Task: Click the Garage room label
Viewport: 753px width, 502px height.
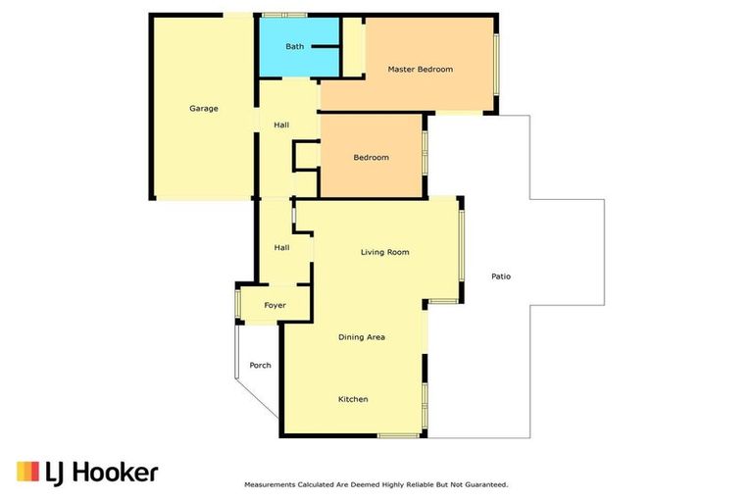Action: pyautogui.click(x=203, y=109)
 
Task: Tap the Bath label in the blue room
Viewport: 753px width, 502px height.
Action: pyautogui.click(x=294, y=46)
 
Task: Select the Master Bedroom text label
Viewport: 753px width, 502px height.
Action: pyautogui.click(x=420, y=70)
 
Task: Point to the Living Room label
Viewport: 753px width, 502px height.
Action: pyautogui.click(x=384, y=252)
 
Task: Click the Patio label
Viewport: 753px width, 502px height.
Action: pyautogui.click(x=500, y=276)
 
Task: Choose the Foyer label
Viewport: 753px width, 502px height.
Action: pyautogui.click(x=275, y=306)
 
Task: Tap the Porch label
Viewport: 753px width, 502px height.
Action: pyautogui.click(x=260, y=366)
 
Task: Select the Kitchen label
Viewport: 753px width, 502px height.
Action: pyautogui.click(x=353, y=399)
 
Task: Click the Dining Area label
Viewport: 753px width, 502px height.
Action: pyautogui.click(x=361, y=337)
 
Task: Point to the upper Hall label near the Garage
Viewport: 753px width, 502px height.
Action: pyautogui.click(x=281, y=125)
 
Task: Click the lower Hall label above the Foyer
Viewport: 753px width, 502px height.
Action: pyautogui.click(x=281, y=248)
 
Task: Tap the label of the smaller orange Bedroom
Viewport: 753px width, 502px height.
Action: pyautogui.click(x=371, y=158)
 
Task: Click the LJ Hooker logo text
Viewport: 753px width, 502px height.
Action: pyautogui.click(x=101, y=473)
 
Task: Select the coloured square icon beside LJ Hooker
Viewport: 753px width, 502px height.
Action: pyautogui.click(x=27, y=472)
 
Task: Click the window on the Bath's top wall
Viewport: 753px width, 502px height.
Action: pyautogui.click(x=284, y=15)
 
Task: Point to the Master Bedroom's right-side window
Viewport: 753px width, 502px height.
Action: pyautogui.click(x=496, y=65)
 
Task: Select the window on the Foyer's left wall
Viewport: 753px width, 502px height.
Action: pyautogui.click(x=237, y=305)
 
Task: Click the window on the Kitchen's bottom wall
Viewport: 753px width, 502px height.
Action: pyautogui.click(x=398, y=435)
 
